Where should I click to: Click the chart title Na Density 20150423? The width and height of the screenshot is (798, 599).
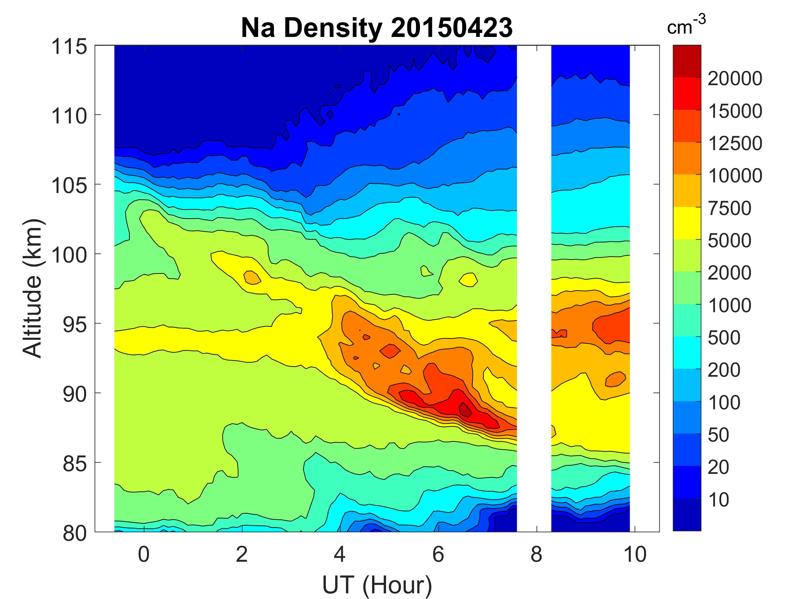coord(377,28)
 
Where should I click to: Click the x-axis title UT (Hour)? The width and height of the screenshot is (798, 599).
coord(377,584)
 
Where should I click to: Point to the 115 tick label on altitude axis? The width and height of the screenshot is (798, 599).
coord(69,47)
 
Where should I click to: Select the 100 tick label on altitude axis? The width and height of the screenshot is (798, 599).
coord(69,255)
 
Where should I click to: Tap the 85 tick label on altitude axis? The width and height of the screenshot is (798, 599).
coord(75,463)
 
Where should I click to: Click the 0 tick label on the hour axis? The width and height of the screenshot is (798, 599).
coord(144,554)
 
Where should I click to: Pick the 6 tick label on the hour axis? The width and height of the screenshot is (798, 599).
coord(438,554)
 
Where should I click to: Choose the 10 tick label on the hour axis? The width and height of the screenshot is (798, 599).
coord(634,554)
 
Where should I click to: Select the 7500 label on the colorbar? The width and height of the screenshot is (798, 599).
coord(730,208)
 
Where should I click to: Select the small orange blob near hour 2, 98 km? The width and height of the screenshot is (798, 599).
coord(252,277)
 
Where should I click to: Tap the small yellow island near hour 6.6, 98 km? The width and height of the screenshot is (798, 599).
coord(468,279)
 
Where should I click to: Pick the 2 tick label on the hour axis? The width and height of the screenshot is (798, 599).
coord(242,554)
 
